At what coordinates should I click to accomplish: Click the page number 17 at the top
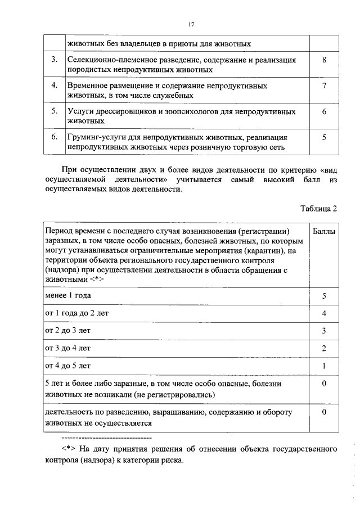(191, 24)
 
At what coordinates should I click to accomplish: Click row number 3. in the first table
(55, 60)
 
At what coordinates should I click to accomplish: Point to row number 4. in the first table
(55, 85)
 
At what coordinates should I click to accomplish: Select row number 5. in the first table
(55, 111)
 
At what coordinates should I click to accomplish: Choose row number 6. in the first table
(55, 137)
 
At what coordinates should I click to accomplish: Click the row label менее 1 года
(68, 295)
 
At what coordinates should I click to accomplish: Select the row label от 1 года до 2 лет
(76, 313)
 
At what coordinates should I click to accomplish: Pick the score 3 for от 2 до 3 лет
(324, 331)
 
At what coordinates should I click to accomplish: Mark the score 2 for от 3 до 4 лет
(324, 348)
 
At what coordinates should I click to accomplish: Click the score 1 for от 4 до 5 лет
(324, 366)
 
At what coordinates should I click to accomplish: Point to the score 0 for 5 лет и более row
(324, 384)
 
